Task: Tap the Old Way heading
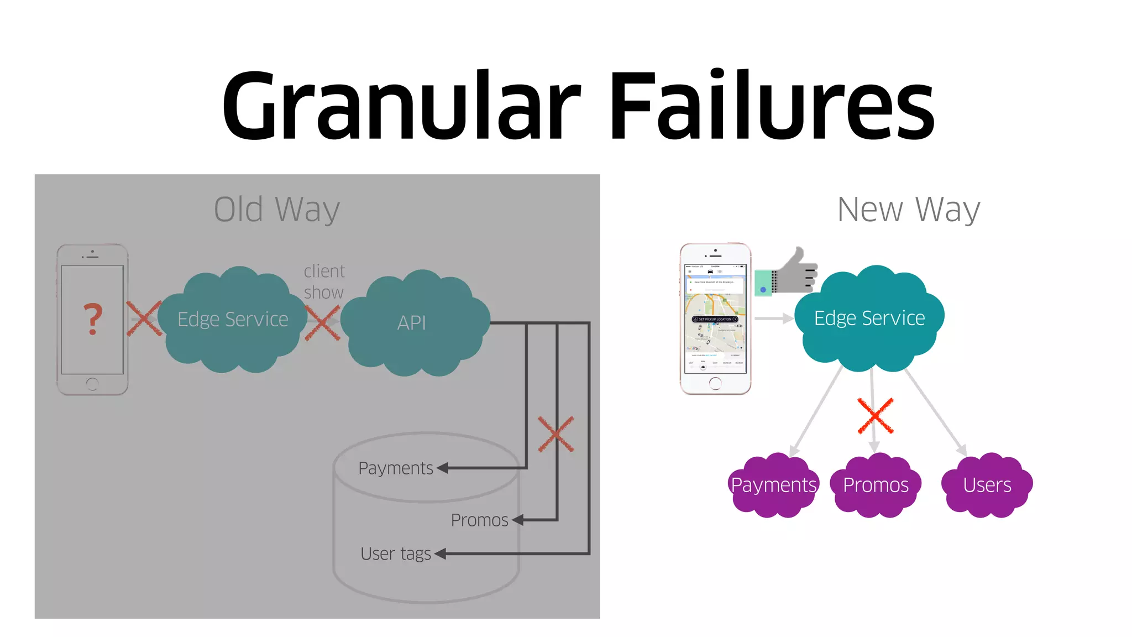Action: (x=277, y=210)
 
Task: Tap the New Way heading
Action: (x=908, y=210)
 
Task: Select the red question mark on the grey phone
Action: (x=93, y=319)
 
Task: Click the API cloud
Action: (x=412, y=322)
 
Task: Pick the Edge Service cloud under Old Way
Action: (x=233, y=320)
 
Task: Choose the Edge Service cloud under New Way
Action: (x=869, y=318)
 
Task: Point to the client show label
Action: (x=324, y=281)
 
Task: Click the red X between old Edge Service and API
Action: (x=323, y=322)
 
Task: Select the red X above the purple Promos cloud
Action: (x=875, y=415)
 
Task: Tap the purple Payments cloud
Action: (x=773, y=485)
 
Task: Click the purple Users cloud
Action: (x=987, y=485)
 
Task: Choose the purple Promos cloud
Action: (x=876, y=485)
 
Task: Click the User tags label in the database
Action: (x=396, y=554)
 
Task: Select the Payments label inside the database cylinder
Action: (x=396, y=468)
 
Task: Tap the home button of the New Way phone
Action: (x=715, y=383)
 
